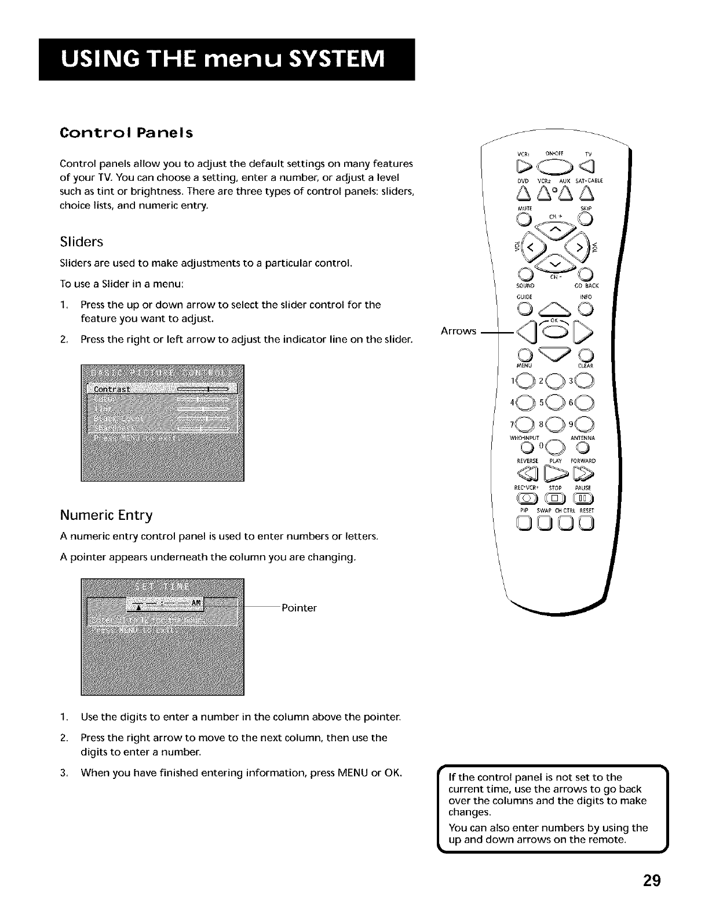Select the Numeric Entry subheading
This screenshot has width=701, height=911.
(106, 515)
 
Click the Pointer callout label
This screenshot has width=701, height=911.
(298, 608)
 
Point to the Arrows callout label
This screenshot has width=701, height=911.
(458, 331)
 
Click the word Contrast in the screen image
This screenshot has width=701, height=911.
(112, 388)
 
